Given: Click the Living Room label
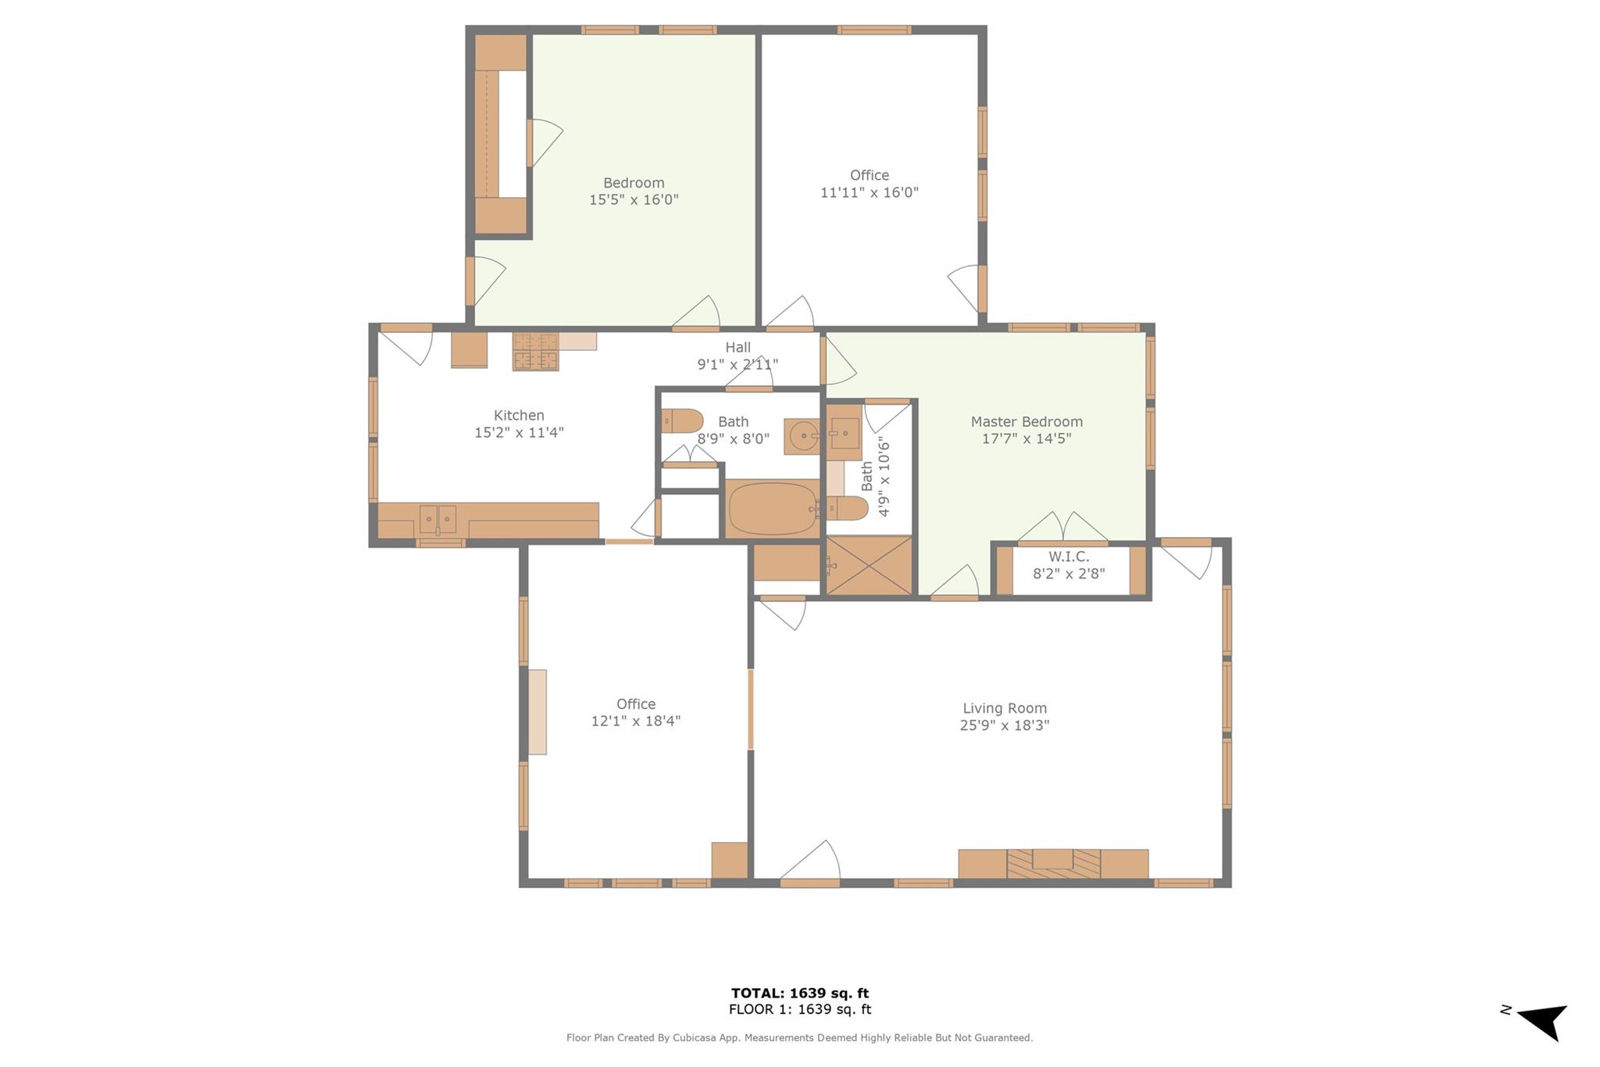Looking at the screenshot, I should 1004,708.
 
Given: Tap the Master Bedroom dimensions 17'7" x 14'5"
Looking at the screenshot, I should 1026,439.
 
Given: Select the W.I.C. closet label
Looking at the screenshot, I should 1068,557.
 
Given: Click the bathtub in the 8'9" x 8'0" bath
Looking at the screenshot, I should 772,509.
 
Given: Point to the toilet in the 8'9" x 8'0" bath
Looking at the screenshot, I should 682,421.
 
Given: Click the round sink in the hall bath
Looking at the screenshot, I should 802,436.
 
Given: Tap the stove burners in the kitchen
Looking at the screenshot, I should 535,351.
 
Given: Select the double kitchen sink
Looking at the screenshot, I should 437,518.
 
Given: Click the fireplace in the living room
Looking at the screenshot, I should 1052,863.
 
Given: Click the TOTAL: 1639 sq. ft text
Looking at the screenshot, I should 799,993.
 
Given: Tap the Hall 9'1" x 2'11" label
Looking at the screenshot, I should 737,356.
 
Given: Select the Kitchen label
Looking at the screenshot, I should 519,415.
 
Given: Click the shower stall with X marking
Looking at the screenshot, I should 869,565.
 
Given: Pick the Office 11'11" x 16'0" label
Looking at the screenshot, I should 869,184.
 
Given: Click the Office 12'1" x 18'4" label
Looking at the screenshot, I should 635,712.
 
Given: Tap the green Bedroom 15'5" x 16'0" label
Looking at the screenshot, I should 633,191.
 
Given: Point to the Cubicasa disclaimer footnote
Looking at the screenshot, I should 799,1038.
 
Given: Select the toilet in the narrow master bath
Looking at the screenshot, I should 848,508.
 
